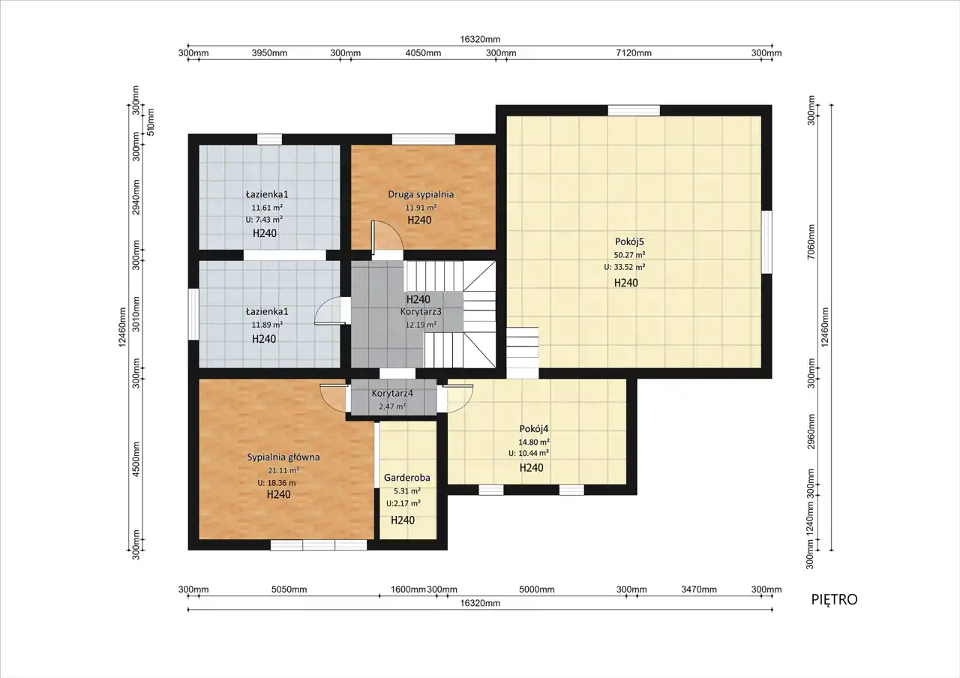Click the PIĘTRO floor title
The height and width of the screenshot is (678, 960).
(835, 599)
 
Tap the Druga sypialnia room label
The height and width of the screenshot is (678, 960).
(421, 194)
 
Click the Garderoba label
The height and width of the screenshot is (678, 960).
(407, 478)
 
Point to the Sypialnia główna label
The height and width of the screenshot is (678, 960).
(283, 457)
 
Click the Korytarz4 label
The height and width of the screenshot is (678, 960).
(392, 393)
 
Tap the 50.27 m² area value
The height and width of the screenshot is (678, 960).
(629, 254)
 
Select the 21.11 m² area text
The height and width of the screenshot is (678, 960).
(283, 470)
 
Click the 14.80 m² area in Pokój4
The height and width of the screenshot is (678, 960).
(534, 442)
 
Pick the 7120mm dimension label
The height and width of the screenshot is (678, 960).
(634, 53)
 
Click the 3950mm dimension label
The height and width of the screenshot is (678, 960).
(269, 53)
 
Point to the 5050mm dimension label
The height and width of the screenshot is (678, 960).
(289, 589)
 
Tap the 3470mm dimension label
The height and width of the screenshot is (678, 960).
(699, 589)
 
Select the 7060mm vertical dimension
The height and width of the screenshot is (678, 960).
(811, 241)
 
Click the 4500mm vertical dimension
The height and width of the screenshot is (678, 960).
(136, 460)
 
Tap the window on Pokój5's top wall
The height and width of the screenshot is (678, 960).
(634, 110)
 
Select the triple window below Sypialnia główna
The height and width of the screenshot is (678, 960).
(319, 544)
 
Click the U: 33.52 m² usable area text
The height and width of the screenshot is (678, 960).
(625, 267)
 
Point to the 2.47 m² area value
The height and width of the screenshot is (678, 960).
(392, 406)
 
